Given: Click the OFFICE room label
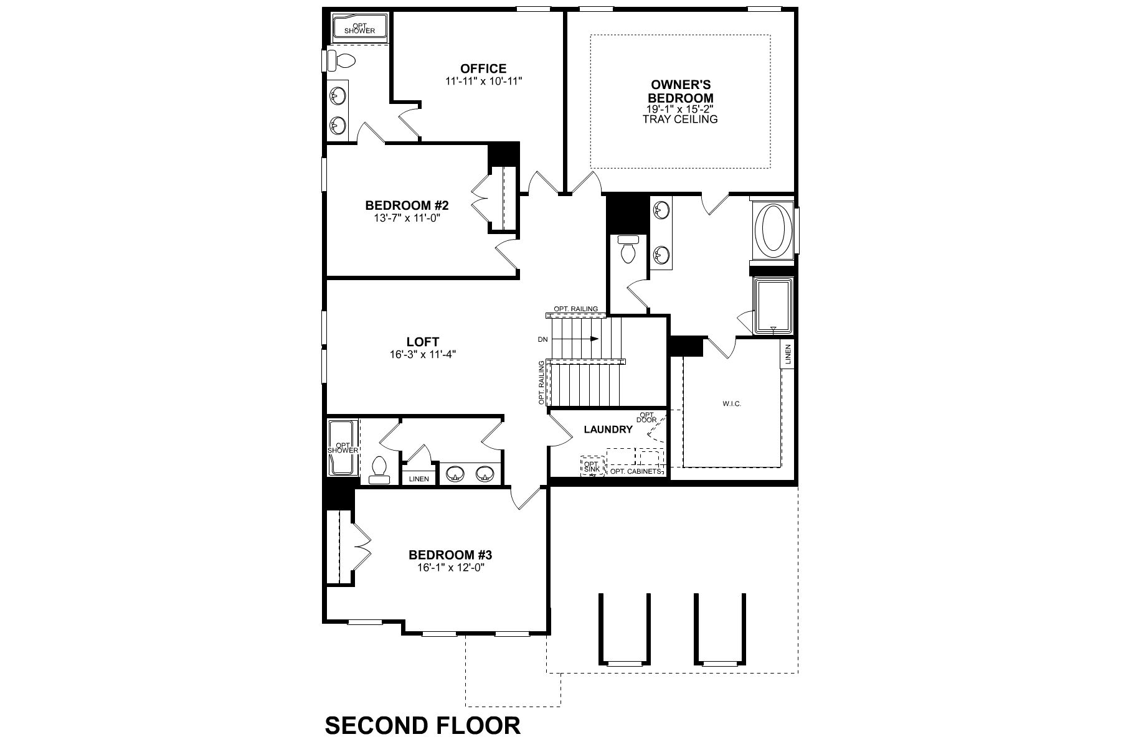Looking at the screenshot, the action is [483, 68].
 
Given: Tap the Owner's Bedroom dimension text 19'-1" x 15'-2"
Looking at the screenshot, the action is [680, 109].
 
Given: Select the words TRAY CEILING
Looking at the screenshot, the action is [680, 119].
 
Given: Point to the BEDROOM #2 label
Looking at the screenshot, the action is [407, 205].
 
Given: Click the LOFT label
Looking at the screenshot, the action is [423, 342].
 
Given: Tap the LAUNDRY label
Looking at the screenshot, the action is [608, 430].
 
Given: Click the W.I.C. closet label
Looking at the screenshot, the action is [732, 404].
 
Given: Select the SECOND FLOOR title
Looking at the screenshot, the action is [423, 726].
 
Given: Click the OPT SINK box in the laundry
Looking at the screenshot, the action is [591, 467].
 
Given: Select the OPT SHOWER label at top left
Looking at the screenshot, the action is [359, 28].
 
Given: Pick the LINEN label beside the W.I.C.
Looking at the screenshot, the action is [787, 355].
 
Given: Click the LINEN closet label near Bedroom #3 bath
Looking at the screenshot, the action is [419, 479].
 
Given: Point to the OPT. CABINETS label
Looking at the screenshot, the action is [635, 471].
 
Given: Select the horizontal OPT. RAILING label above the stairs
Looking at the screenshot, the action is [576, 309].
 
